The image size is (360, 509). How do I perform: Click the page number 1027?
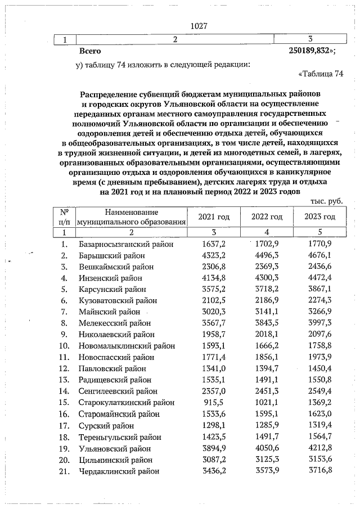point(199,26)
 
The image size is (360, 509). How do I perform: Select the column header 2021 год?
point(214,217)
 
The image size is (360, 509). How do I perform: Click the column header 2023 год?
point(319,217)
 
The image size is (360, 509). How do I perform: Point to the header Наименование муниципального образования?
point(131,217)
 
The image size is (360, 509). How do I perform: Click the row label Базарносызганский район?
point(125,244)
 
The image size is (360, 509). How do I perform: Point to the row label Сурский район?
point(107,426)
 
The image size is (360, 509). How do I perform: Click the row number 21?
point(64,471)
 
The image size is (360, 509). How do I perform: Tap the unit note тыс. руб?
point(326,201)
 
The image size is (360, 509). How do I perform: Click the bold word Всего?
point(90,51)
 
